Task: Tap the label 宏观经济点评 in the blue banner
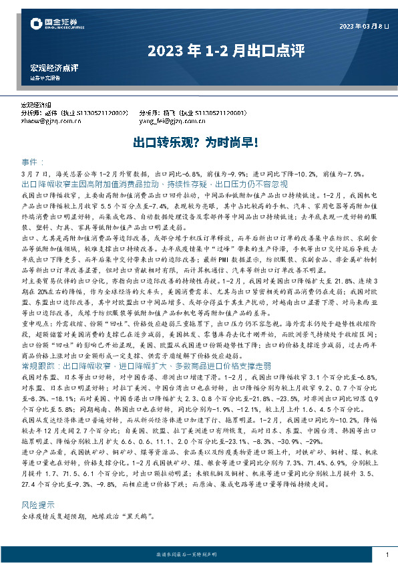click(x=54, y=68)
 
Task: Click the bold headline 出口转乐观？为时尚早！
click(x=198, y=143)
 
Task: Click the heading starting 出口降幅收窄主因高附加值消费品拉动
click(x=154, y=183)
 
